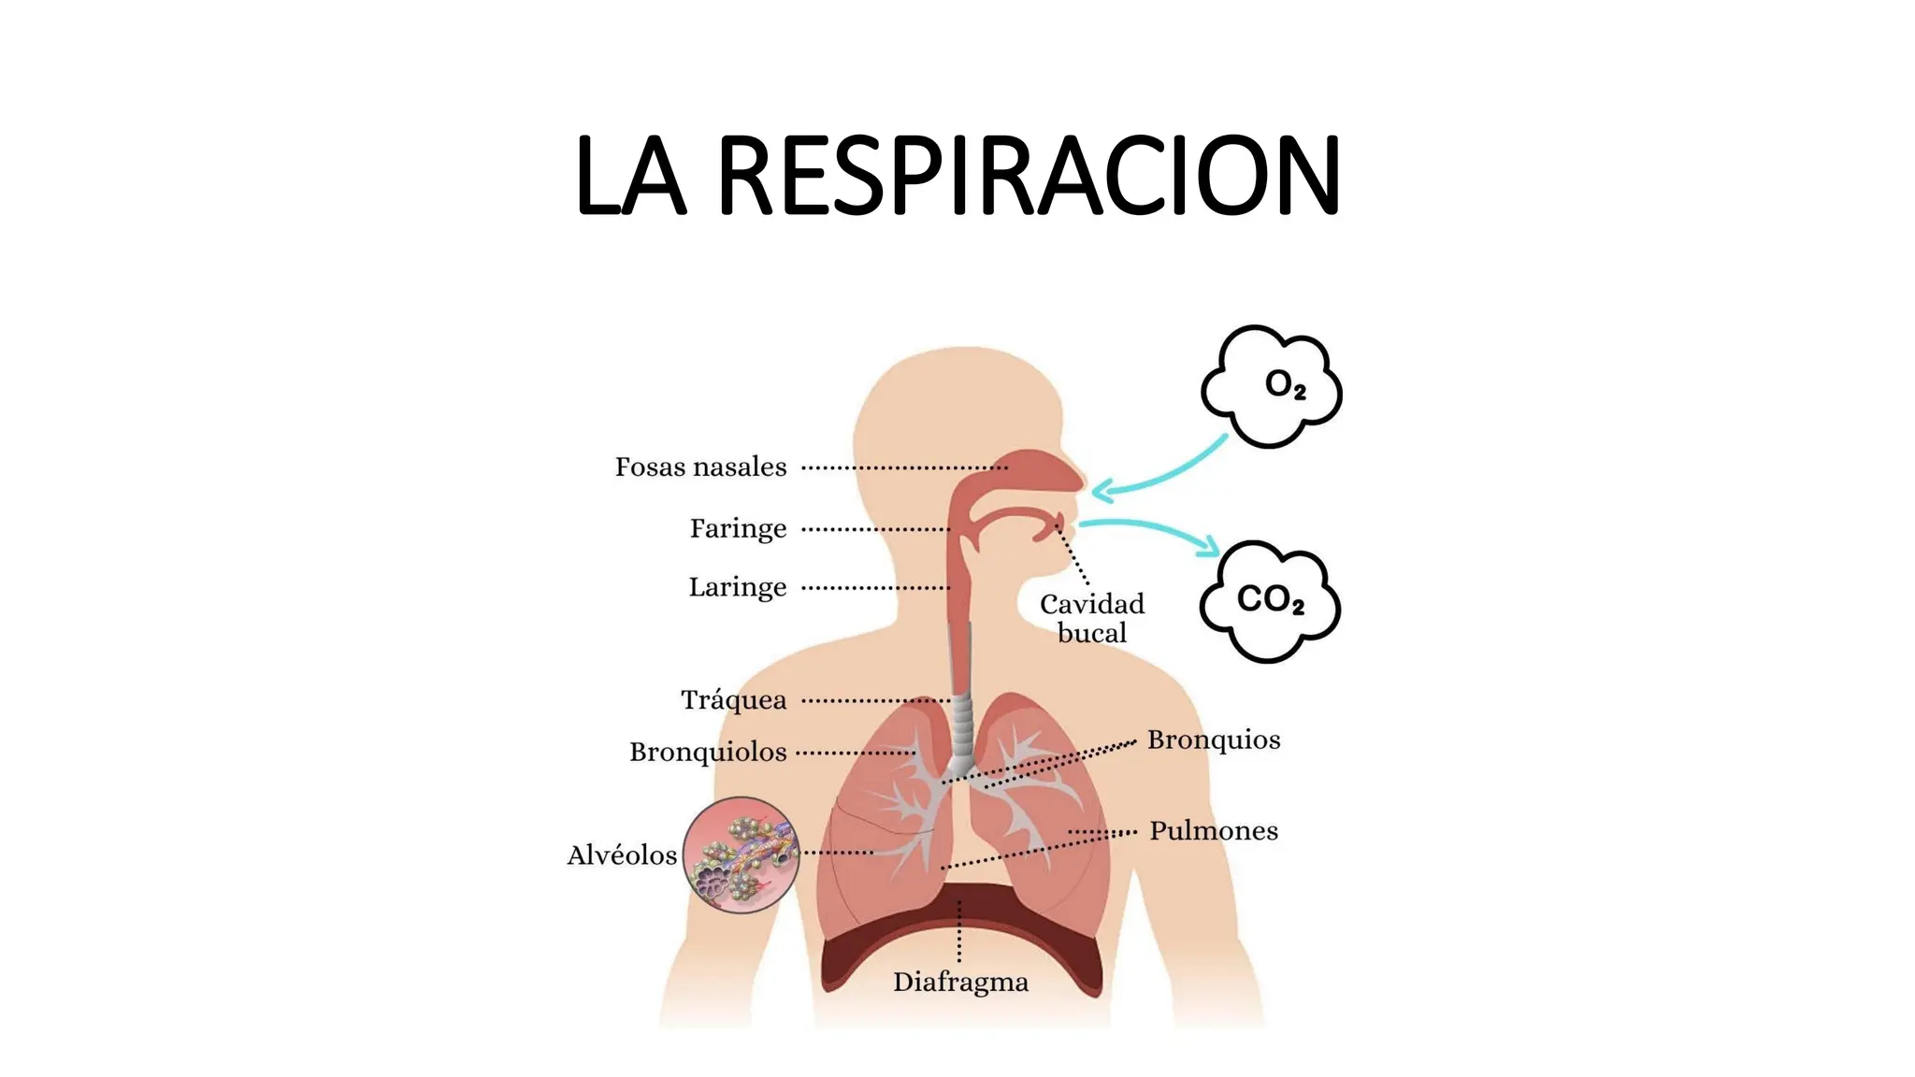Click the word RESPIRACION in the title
click(x=1029, y=176)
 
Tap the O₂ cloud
click(x=1272, y=385)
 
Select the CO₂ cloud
click(x=1270, y=600)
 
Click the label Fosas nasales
click(x=700, y=467)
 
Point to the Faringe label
click(x=738, y=528)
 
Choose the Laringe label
click(x=738, y=587)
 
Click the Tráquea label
click(x=733, y=699)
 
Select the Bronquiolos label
click(x=708, y=752)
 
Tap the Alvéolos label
click(x=622, y=854)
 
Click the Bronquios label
click(x=1214, y=740)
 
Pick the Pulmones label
click(x=1213, y=830)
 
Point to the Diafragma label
click(x=960, y=982)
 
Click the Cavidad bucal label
click(x=1092, y=618)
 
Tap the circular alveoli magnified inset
click(x=741, y=854)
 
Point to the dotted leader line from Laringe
click(x=876, y=588)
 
